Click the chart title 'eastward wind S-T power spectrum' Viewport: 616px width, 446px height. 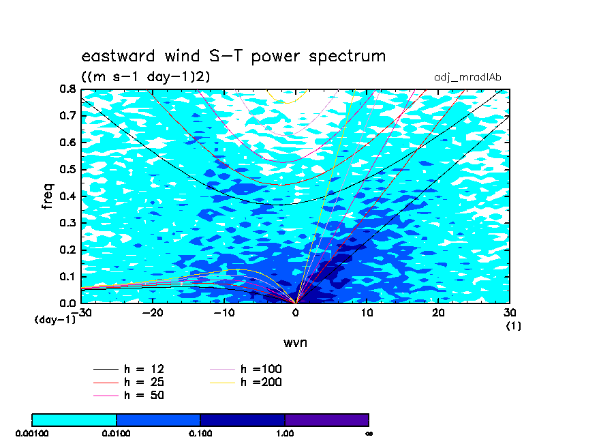233,56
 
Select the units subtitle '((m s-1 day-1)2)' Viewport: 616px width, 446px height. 145,76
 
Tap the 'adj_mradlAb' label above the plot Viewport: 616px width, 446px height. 467,78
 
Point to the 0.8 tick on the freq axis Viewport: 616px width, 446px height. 67,89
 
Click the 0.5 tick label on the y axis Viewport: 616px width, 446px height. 67,170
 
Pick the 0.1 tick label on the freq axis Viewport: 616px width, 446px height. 67,276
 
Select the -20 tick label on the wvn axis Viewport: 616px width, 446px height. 153,312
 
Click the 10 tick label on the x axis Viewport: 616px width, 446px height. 367,312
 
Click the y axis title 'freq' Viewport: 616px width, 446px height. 48,196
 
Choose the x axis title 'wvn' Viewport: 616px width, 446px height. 296,342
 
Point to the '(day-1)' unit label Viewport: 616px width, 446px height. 55,320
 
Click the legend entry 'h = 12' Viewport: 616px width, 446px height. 129,369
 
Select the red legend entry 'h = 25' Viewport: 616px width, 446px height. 129,382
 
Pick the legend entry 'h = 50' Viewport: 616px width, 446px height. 129,395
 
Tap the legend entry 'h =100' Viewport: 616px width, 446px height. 245,369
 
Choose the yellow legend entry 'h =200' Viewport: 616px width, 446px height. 245,382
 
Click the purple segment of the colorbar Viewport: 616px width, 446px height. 327,419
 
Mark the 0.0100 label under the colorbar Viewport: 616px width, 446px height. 117,434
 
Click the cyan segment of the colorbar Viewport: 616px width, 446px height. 74,419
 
